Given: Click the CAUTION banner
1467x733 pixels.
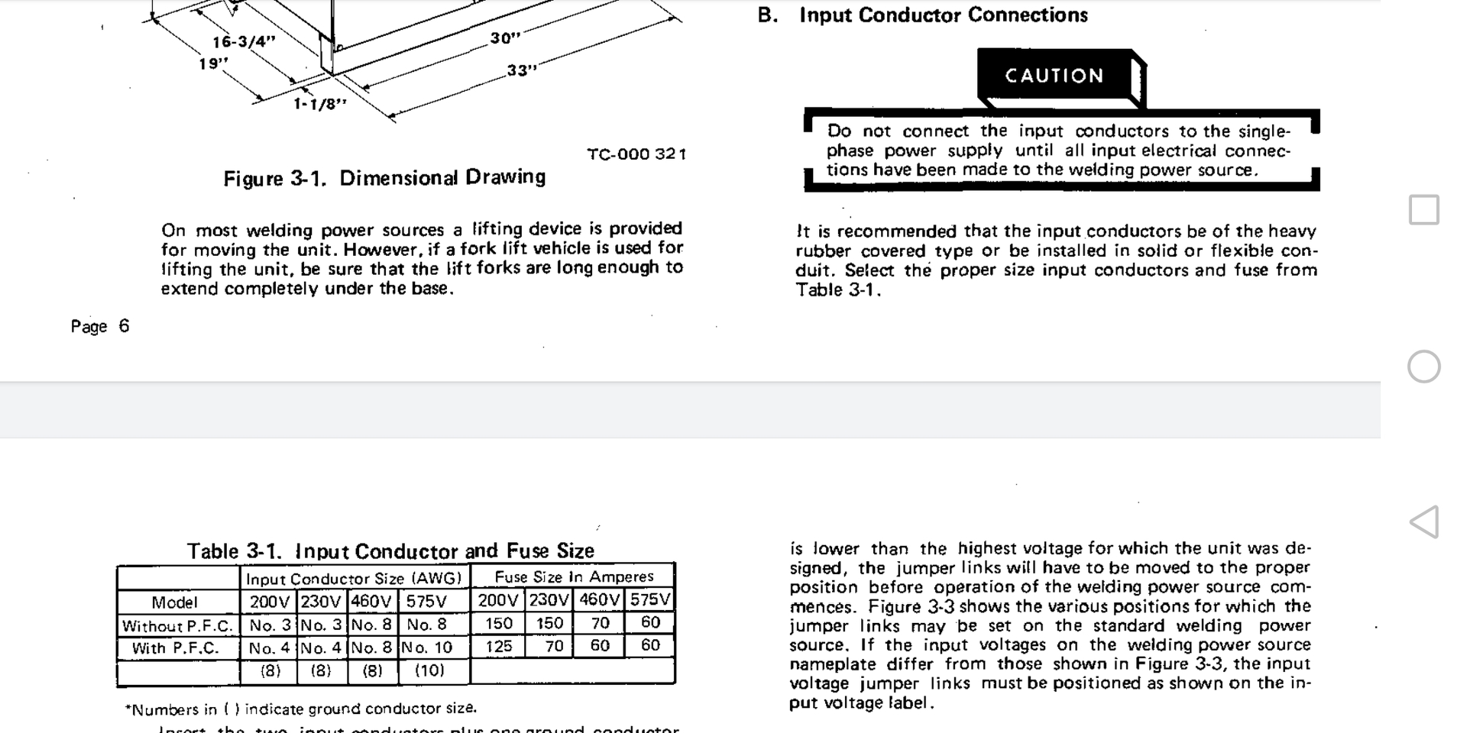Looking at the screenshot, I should pyautogui.click(x=1054, y=76).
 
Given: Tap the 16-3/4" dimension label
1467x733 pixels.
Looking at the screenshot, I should pyautogui.click(x=244, y=41).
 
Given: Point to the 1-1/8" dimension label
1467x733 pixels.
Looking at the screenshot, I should pyautogui.click(x=320, y=103).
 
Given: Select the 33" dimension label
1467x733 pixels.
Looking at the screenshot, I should pyautogui.click(x=522, y=70).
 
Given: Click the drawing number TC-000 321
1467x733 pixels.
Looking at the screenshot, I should pyautogui.click(x=636, y=153).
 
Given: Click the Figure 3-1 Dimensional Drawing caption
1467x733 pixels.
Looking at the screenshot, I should pyautogui.click(x=384, y=178).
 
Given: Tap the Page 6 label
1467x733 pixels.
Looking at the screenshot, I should pyautogui.click(x=100, y=326).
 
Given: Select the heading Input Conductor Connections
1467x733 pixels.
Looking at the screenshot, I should pyautogui.click(x=943, y=15).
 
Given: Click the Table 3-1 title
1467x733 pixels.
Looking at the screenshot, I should pyautogui.click(x=390, y=551).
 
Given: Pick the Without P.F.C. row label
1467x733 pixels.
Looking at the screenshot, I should pyautogui.click(x=177, y=626).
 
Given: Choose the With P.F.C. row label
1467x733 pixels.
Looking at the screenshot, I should pyautogui.click(x=175, y=648).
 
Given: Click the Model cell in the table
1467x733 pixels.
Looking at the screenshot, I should pyautogui.click(x=174, y=602).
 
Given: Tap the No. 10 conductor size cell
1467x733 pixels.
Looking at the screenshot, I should pyautogui.click(x=427, y=647).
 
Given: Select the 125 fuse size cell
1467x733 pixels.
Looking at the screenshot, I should pyautogui.click(x=499, y=646).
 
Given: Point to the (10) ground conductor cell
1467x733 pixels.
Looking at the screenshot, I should pyautogui.click(x=429, y=670).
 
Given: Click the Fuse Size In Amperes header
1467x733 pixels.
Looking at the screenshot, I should pyautogui.click(x=574, y=576).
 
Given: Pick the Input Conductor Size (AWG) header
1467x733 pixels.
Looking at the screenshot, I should pyautogui.click(x=354, y=578).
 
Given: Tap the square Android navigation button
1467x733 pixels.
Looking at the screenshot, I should pyautogui.click(x=1423, y=210).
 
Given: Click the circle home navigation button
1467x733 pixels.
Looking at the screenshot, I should pyautogui.click(x=1423, y=366).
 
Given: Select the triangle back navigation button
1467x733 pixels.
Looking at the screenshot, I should pyautogui.click(x=1424, y=522).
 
